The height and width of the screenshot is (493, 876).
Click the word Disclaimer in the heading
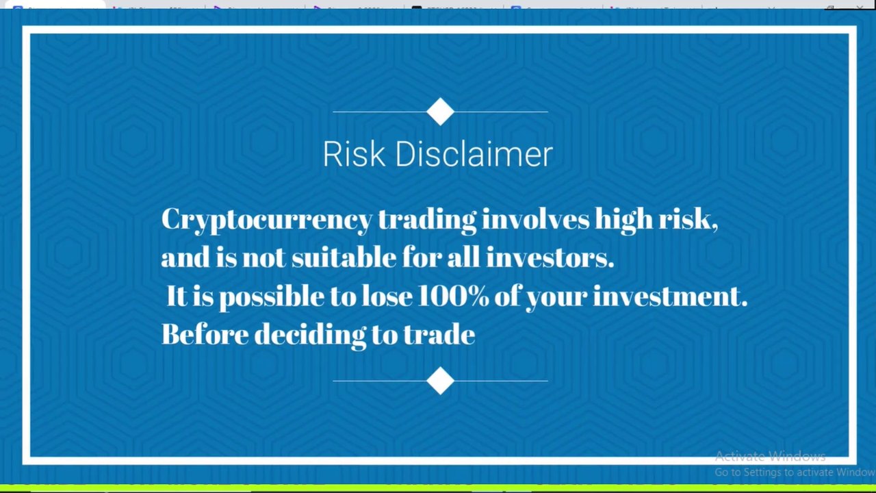coord(474,154)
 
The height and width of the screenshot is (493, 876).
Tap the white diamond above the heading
coord(440,112)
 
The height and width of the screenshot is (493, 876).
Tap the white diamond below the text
coord(440,381)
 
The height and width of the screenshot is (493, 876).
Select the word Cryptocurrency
coord(267,220)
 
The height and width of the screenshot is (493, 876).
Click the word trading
coord(427,220)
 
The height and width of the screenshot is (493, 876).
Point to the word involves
coord(535,219)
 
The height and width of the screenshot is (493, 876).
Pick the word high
coord(624,220)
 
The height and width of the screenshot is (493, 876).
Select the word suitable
coord(344,257)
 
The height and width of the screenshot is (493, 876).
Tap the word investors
coord(550,257)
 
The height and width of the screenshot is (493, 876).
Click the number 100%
coord(453,296)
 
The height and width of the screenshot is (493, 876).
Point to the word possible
coord(272,297)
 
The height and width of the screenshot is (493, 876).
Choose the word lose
coord(387,296)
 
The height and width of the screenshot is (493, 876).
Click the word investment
coord(670,296)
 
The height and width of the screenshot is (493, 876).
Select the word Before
coord(205,334)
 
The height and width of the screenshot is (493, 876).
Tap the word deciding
coord(311,336)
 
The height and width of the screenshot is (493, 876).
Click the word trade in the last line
coord(439,334)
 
